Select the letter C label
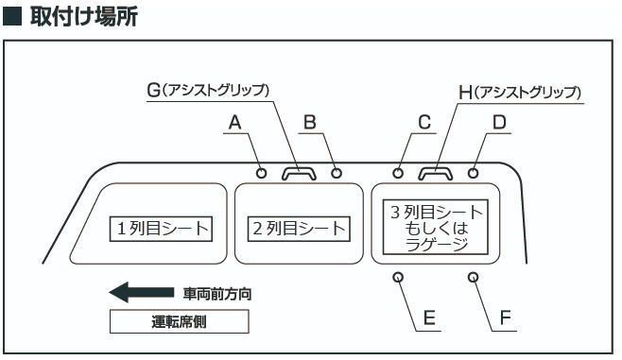click(424, 122)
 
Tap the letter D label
click(499, 122)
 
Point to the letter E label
click(428, 318)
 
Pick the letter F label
click(505, 318)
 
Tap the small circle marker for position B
click(337, 173)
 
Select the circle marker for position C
click(399, 173)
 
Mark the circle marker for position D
click(474, 173)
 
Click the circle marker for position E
click(398, 278)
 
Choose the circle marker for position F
click(474, 278)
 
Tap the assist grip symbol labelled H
click(436, 172)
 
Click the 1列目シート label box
click(161, 228)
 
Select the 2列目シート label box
click(298, 228)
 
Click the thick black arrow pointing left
click(142, 292)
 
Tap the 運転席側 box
click(179, 321)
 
